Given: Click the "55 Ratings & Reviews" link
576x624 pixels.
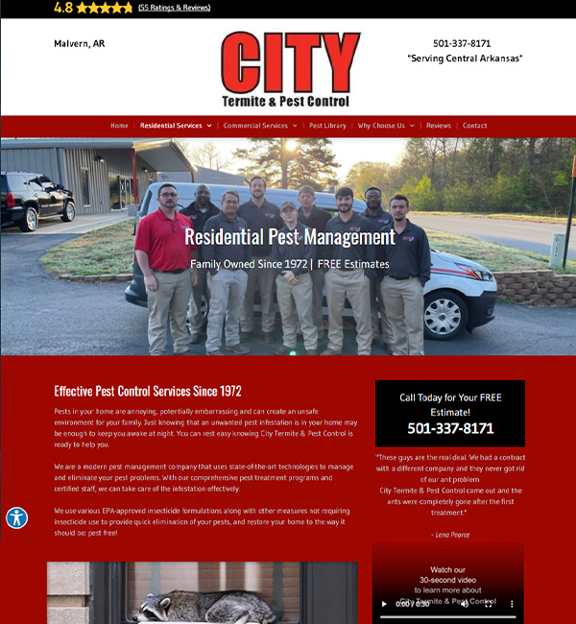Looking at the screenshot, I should click(174, 8).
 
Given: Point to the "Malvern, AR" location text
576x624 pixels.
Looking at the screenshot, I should click(80, 43).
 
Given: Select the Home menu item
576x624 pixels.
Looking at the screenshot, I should click(119, 126).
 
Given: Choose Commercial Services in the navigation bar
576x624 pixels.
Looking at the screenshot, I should click(256, 126).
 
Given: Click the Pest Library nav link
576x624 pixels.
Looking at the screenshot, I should click(327, 126).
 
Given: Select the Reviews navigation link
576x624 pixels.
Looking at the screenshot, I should click(438, 126).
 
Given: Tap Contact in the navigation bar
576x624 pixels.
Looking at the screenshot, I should click(475, 126).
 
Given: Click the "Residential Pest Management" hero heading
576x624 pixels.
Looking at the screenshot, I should click(289, 237).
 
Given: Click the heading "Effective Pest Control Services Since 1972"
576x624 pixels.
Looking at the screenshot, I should click(148, 391).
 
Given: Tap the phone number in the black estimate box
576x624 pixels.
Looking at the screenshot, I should click(450, 428).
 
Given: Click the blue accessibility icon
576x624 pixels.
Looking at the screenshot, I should click(16, 517).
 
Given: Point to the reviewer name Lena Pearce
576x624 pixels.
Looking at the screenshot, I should click(450, 534).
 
